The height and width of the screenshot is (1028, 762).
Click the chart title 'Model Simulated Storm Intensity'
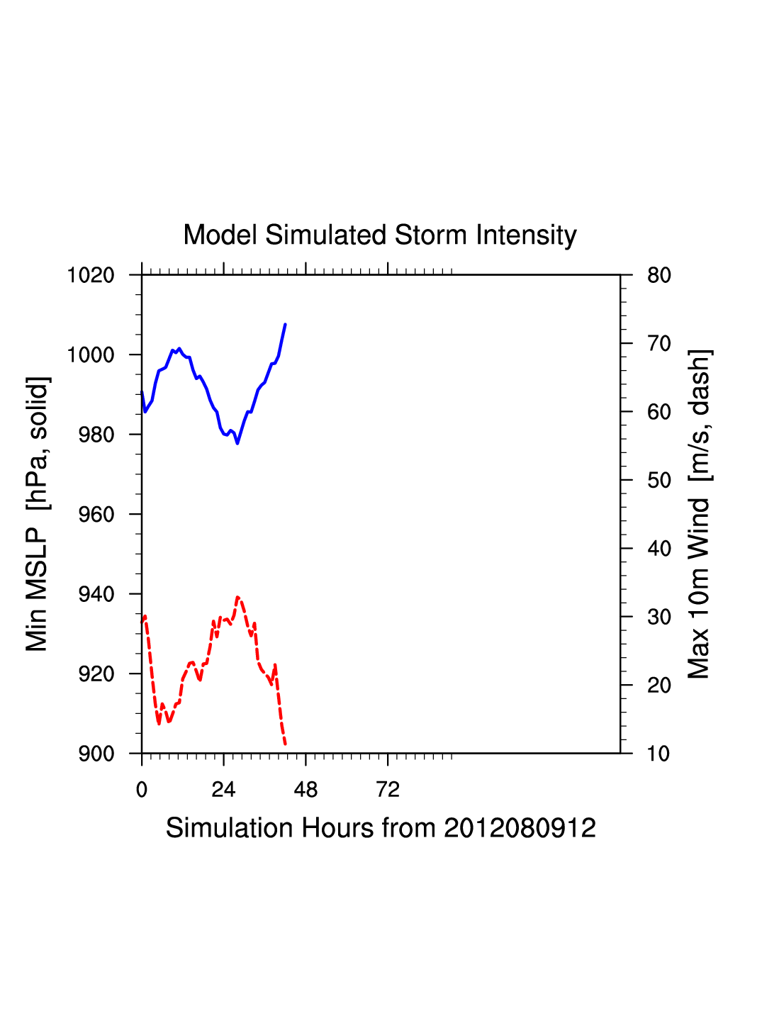(380, 235)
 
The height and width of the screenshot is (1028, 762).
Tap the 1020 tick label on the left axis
(91, 275)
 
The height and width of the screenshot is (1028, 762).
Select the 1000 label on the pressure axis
(91, 354)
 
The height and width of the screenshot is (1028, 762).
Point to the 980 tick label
(96, 435)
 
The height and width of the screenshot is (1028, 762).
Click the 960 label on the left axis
(96, 515)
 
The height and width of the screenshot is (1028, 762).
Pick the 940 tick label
(96, 594)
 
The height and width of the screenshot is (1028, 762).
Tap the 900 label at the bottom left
(96, 754)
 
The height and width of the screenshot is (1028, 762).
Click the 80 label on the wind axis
(659, 275)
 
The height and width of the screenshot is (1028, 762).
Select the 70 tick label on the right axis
(659, 344)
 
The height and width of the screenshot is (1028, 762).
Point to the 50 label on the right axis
(659, 481)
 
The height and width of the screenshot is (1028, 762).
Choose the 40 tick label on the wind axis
(659, 549)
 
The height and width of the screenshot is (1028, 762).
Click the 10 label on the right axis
(659, 754)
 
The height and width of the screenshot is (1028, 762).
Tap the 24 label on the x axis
(223, 790)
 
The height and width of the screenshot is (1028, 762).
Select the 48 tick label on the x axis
(306, 790)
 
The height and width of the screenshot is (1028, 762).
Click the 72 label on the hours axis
(388, 790)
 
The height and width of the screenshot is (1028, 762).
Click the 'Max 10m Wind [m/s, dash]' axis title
(699, 514)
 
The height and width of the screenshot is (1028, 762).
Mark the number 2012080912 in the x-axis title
(520, 828)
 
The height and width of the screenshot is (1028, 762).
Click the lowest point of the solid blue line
(237, 443)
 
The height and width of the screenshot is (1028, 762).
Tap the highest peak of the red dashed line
(238, 597)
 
